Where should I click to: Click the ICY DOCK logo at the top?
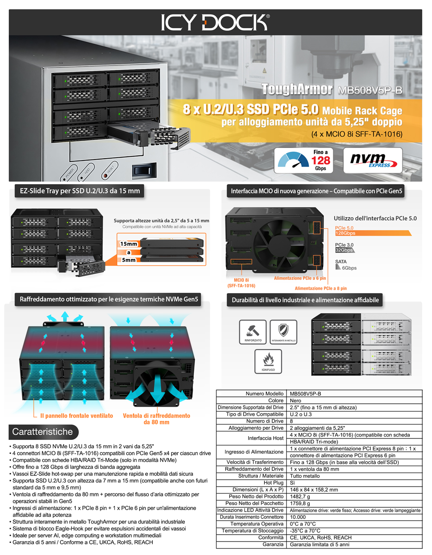click(215, 22)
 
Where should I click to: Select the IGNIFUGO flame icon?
click(268, 360)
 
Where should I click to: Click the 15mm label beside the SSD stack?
click(129, 244)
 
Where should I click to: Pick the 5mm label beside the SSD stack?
click(129, 260)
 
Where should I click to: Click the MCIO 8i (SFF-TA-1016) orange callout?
click(241, 283)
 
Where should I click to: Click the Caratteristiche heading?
click(42, 432)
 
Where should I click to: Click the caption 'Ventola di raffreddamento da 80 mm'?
click(156, 419)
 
